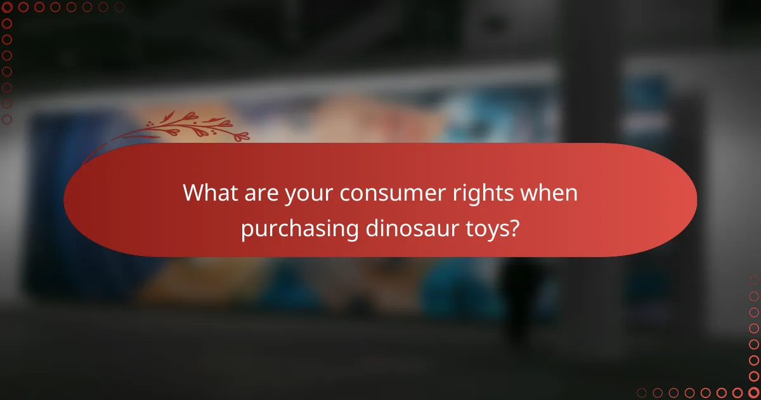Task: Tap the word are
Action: pos(260,193)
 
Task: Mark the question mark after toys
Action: pos(515,228)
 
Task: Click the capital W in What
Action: pos(193,193)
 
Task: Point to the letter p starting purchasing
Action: pos(246,230)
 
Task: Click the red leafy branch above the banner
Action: pos(184,127)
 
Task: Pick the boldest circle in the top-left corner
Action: pos(7,7)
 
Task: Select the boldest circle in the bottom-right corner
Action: pos(754,392)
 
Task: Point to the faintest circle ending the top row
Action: pos(119,7)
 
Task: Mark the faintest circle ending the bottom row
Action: pos(642,392)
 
